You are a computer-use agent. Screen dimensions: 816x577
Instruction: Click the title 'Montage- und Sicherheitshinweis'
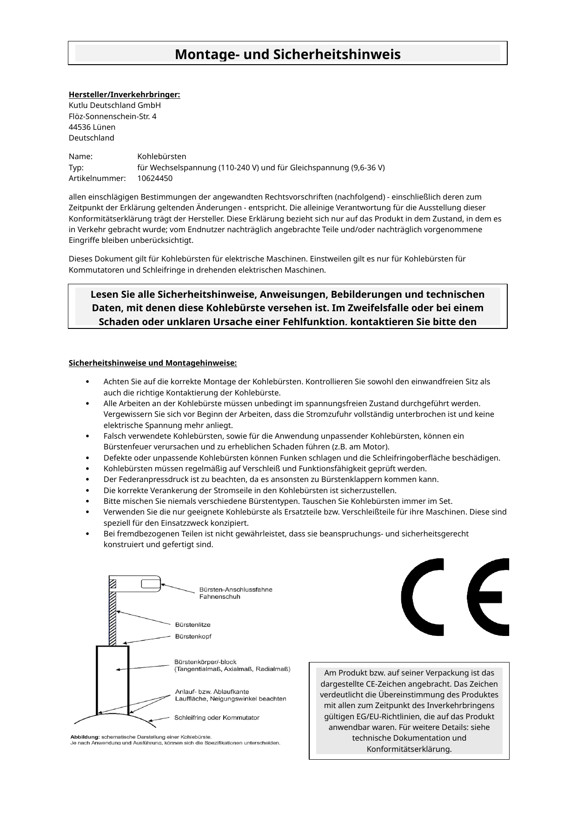[287, 54]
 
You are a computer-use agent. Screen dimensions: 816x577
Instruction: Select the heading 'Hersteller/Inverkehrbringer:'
[124, 95]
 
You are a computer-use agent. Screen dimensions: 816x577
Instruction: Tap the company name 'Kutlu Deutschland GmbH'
[114, 106]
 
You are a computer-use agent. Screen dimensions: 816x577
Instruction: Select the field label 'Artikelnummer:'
[97, 178]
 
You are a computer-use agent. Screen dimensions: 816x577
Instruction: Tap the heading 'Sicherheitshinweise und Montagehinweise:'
[153, 363]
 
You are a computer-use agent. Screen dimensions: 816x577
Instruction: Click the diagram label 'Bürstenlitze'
[192, 624]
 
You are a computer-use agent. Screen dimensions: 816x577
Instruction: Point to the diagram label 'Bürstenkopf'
[193, 635]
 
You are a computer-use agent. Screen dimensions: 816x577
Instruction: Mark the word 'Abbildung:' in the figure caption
[84, 736]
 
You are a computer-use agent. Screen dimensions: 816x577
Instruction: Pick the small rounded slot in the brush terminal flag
[149, 583]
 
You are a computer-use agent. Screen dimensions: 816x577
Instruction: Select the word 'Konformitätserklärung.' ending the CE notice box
[409, 749]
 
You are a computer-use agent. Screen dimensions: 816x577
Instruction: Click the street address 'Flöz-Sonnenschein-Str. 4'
[113, 116]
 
